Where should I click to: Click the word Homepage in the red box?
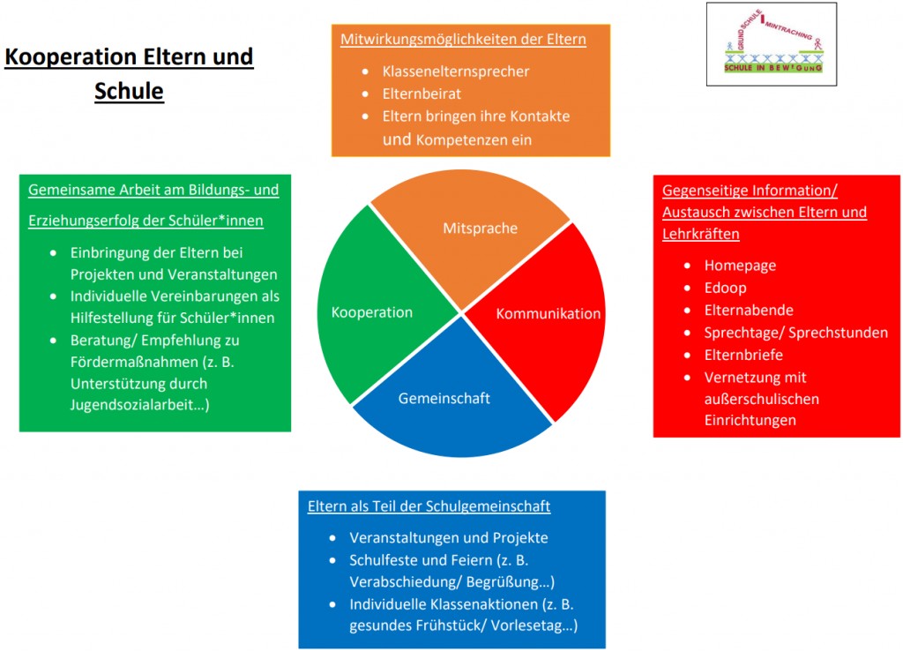click(x=740, y=265)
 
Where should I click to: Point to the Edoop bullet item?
click(x=725, y=288)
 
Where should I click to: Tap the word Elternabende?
click(x=749, y=310)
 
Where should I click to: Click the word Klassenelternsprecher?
click(x=456, y=71)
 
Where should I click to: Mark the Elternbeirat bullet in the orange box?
click(x=422, y=93)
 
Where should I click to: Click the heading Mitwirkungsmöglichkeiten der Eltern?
click(x=463, y=39)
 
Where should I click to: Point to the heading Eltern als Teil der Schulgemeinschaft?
click(x=429, y=506)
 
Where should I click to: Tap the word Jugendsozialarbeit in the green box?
click(x=131, y=405)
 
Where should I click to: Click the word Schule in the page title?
click(x=129, y=91)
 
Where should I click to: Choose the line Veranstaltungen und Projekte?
click(x=448, y=537)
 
